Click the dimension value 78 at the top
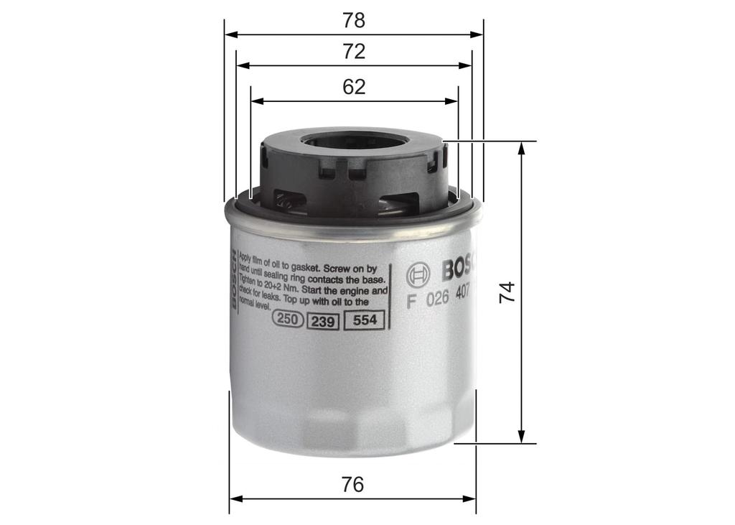pos(354,20)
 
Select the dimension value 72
pos(354,52)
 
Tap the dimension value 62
pos(354,87)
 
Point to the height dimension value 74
pos(507,292)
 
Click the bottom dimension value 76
pos(352,485)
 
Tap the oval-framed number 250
pos(288,321)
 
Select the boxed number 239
pos(323,322)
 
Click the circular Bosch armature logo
pos(418,274)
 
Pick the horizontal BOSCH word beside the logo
pos(458,269)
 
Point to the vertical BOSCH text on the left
pos(233,279)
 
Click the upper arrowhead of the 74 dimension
pos(522,147)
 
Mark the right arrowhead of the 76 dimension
pos(471,498)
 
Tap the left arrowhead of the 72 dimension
pos(242,65)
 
